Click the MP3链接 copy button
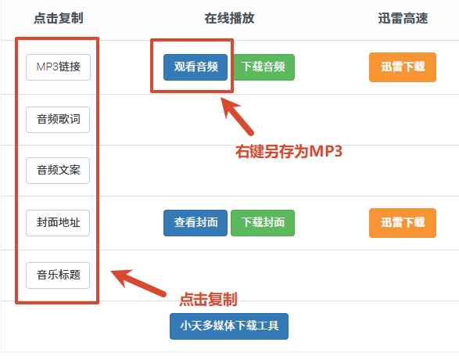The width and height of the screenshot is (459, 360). tap(58, 67)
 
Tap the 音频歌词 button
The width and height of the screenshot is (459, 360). tap(58, 120)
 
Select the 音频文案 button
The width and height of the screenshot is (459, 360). tap(58, 171)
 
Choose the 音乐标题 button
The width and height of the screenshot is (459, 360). tap(58, 275)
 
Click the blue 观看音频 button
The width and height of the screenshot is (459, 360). tap(195, 67)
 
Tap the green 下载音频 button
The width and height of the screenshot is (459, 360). tap(264, 67)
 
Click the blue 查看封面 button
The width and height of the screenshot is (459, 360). tap(195, 223)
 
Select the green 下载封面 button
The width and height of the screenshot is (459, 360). tap(263, 223)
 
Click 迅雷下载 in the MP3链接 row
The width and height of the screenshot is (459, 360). tap(403, 67)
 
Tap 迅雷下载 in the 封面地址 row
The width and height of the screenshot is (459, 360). tap(403, 223)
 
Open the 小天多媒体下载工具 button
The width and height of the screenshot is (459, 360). tap(229, 326)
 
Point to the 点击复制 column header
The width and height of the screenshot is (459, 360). tap(59, 18)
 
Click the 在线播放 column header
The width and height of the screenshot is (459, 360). tap(230, 18)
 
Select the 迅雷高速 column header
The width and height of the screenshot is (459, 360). tap(403, 18)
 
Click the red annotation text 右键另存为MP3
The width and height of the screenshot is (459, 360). tap(289, 152)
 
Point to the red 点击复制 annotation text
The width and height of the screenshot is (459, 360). tap(208, 300)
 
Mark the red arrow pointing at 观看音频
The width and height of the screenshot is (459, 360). tap(237, 117)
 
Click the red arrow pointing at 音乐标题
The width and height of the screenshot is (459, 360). tap(138, 283)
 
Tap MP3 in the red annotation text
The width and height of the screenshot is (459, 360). tap(326, 152)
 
